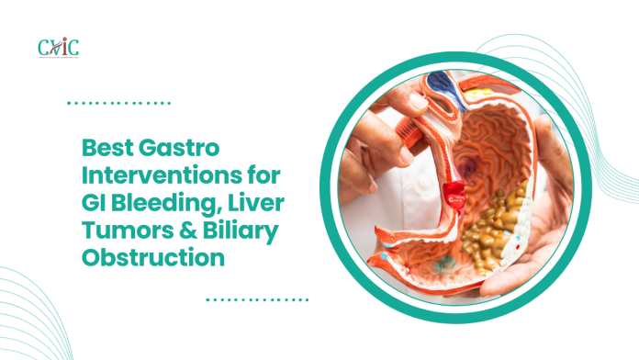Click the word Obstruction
152,258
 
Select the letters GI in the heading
94,203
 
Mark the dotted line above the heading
119,103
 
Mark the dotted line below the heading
257,299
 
